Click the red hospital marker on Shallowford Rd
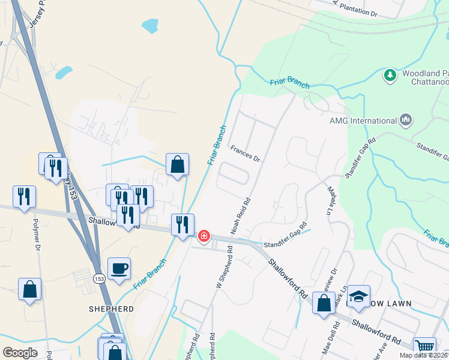pos(204,236)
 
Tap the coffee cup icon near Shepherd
pos(119,268)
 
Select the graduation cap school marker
pos(358,296)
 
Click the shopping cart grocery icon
pos(425,346)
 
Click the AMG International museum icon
pos(405,120)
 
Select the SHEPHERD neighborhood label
pos(111,309)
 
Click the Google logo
pos(20,353)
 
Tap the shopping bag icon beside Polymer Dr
pos(29,289)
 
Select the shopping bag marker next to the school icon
pos(324,303)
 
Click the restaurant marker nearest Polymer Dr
pos(24,196)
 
